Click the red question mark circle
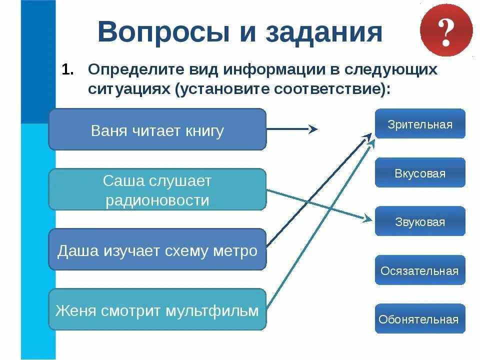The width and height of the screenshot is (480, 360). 446,31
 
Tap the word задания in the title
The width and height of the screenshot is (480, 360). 323,32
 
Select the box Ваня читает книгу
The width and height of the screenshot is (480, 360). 157,129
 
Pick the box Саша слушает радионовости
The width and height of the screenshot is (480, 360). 157,189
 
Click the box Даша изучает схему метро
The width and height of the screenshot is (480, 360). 157,249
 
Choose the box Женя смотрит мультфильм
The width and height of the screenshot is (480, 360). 157,309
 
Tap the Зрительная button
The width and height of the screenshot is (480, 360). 419,124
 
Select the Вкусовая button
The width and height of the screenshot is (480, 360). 419,173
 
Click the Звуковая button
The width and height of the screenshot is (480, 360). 419,221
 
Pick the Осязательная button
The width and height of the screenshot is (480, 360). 419,270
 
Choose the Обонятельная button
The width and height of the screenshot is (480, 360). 419,319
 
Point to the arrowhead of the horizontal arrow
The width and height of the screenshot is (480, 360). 313,129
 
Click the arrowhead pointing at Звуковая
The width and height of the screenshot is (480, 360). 368,218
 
